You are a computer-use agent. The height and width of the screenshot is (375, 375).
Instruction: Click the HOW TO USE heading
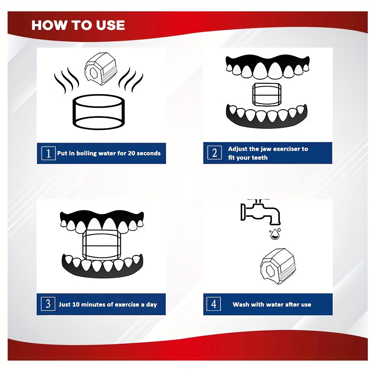pyautogui.click(x=78, y=25)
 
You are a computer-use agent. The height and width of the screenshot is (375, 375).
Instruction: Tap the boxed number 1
pyautogui.click(x=48, y=153)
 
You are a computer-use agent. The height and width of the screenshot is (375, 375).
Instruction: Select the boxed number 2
pyautogui.click(x=214, y=153)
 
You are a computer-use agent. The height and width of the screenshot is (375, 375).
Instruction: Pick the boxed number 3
pyautogui.click(x=48, y=304)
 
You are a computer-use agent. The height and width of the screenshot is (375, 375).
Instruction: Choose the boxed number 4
pyautogui.click(x=214, y=304)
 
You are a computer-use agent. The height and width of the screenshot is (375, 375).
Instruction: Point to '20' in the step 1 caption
pyautogui.click(x=132, y=153)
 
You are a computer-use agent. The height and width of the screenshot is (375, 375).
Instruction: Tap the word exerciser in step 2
pyautogui.click(x=286, y=149)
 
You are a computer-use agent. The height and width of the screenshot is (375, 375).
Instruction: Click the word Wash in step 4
pyautogui.click(x=241, y=304)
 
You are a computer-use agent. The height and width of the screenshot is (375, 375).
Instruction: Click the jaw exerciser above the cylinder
pyautogui.click(x=100, y=69)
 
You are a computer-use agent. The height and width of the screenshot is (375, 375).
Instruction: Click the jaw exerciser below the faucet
pyautogui.click(x=278, y=266)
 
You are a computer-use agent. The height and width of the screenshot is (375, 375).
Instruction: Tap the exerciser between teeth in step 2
pyautogui.click(x=267, y=94)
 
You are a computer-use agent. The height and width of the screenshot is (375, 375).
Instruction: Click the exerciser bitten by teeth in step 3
pyautogui.click(x=102, y=244)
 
